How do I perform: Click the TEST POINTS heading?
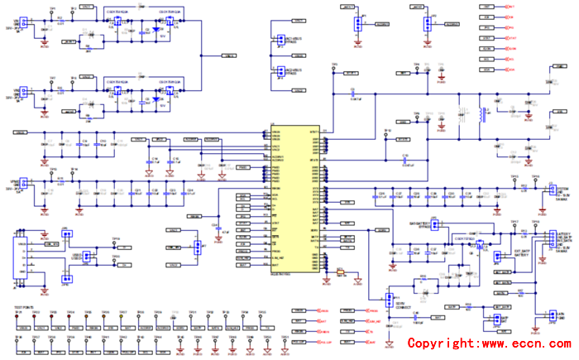click(22, 306)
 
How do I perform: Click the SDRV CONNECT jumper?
click(389, 299)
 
